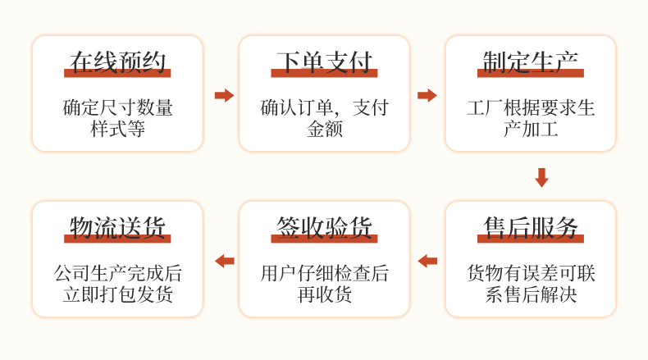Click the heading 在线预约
tap(117, 62)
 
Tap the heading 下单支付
tap(324, 62)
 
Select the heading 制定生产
tap(530, 62)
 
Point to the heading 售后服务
tap(530, 226)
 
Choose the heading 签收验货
tap(324, 226)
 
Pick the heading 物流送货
tap(117, 226)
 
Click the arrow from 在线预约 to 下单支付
tap(224, 95)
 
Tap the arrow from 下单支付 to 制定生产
tap(427, 95)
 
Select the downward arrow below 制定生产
tap(541, 177)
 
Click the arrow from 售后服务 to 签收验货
tap(427, 261)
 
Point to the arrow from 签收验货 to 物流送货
tap(224, 261)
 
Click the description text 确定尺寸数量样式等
tap(117, 118)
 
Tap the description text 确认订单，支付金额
tap(324, 118)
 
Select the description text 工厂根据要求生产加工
tap(530, 118)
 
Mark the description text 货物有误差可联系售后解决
tap(530, 284)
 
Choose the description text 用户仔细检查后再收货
tap(324, 284)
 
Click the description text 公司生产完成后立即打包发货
tap(117, 284)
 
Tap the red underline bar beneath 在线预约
tap(117, 75)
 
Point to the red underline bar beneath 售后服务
tap(530, 239)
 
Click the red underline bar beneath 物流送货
tap(117, 239)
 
